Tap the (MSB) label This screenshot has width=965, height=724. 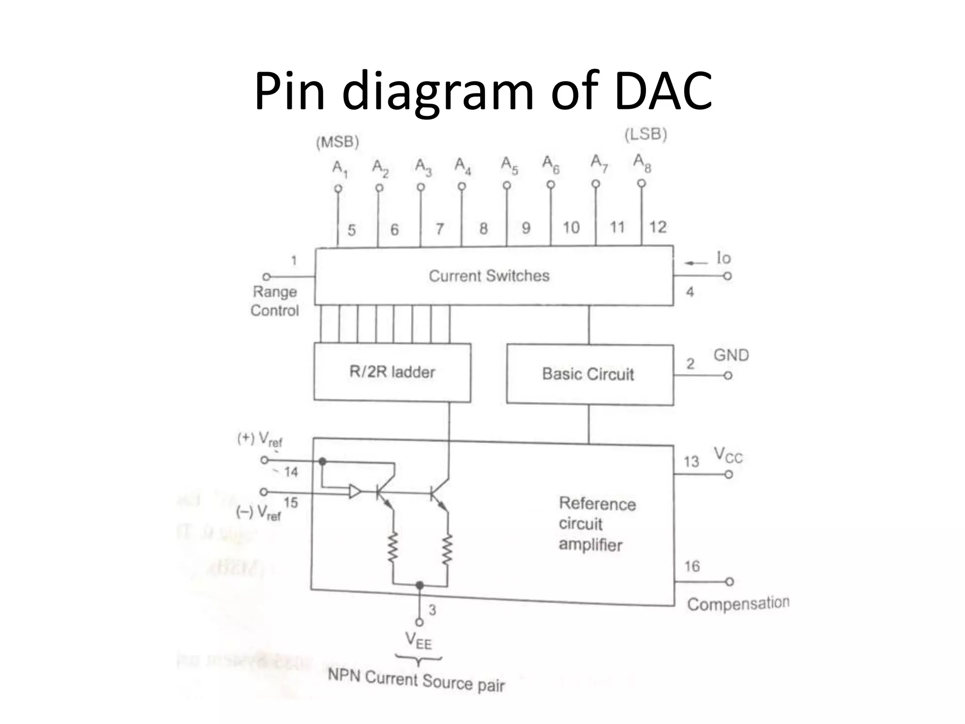tap(337, 142)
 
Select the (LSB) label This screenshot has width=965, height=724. tap(646, 135)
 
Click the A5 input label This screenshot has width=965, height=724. tap(509, 165)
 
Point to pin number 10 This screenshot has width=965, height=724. tap(571, 228)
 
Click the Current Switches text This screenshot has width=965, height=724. tap(489, 276)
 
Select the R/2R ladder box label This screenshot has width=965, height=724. tap(392, 372)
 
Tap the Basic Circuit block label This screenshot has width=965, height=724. tap(588, 374)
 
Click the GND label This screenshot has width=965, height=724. tap(731, 355)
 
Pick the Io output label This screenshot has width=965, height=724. tap(723, 258)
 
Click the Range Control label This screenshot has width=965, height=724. tap(275, 301)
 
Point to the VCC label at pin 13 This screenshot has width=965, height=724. tap(728, 455)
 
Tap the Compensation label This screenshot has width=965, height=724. tap(738, 604)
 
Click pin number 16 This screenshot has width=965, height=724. tap(692, 566)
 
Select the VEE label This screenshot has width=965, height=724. tap(418, 641)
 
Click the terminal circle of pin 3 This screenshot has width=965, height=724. tap(419, 622)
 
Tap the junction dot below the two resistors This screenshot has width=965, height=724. tap(419, 585)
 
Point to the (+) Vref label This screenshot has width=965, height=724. tap(260, 440)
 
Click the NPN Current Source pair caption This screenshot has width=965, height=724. tap(416, 680)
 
